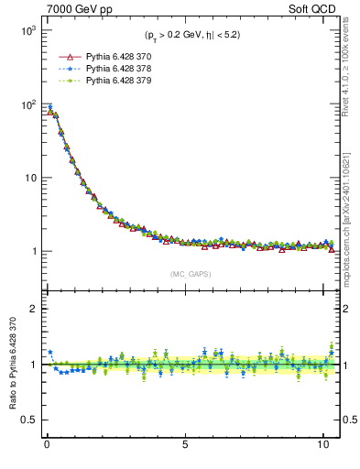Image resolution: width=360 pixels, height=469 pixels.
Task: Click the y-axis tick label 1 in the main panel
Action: pyautogui.click(x=31, y=251)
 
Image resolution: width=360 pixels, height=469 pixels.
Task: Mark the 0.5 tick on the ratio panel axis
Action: pyautogui.click(x=27, y=420)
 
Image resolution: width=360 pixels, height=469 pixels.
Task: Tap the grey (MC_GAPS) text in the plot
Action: pyautogui.click(x=189, y=274)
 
